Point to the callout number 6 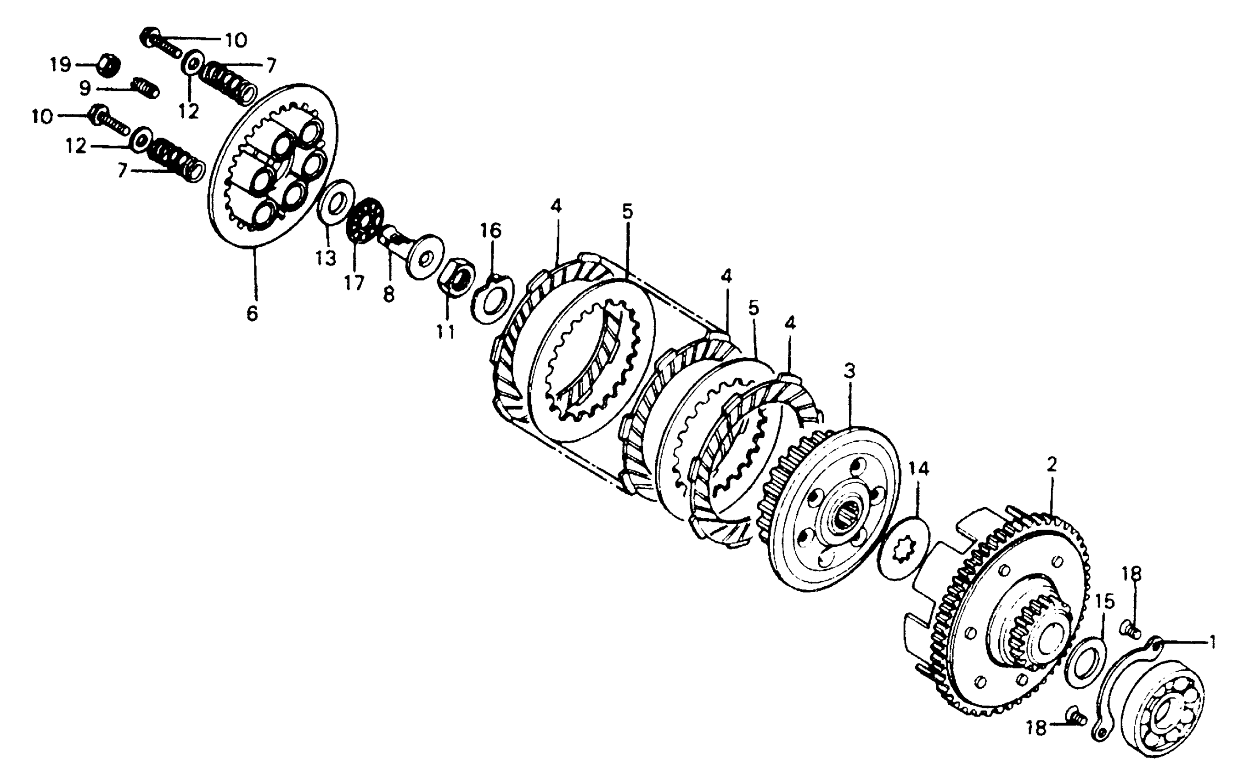[x=252, y=313]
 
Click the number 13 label [x=326, y=258]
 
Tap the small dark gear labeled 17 [x=366, y=220]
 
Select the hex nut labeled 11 [x=454, y=278]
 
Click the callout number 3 [x=849, y=370]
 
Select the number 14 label [x=919, y=469]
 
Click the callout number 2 [x=1052, y=464]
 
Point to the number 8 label [x=388, y=294]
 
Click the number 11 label [x=446, y=331]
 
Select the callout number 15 [x=1104, y=601]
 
